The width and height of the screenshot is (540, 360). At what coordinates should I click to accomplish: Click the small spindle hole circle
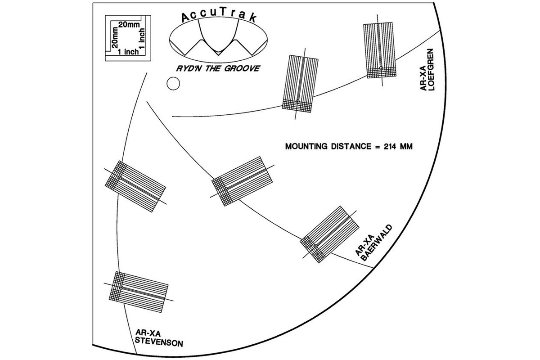173,84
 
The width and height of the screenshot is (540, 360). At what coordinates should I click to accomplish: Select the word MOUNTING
306,146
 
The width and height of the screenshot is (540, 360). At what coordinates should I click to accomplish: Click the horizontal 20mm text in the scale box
129,25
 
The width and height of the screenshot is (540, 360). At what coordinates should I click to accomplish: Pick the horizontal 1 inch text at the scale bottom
128,52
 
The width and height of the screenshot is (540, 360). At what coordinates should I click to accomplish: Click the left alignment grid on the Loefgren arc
300,83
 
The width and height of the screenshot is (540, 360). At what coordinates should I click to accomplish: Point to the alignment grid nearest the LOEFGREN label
381,50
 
